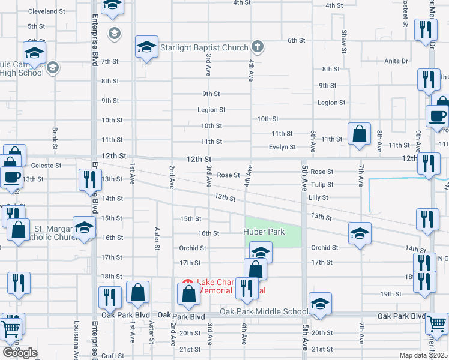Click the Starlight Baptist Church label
tap(205, 47)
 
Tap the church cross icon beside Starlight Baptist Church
tap(257, 46)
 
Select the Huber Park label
tap(263, 232)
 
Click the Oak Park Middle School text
tap(264, 311)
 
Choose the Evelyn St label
tap(282, 147)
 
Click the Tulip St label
tap(322, 185)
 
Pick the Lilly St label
tap(318, 197)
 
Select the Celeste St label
tap(46, 165)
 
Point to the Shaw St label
tap(344, 40)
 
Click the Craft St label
tap(112, 356)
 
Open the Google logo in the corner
tap(20, 353)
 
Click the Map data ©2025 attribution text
tap(423, 355)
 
